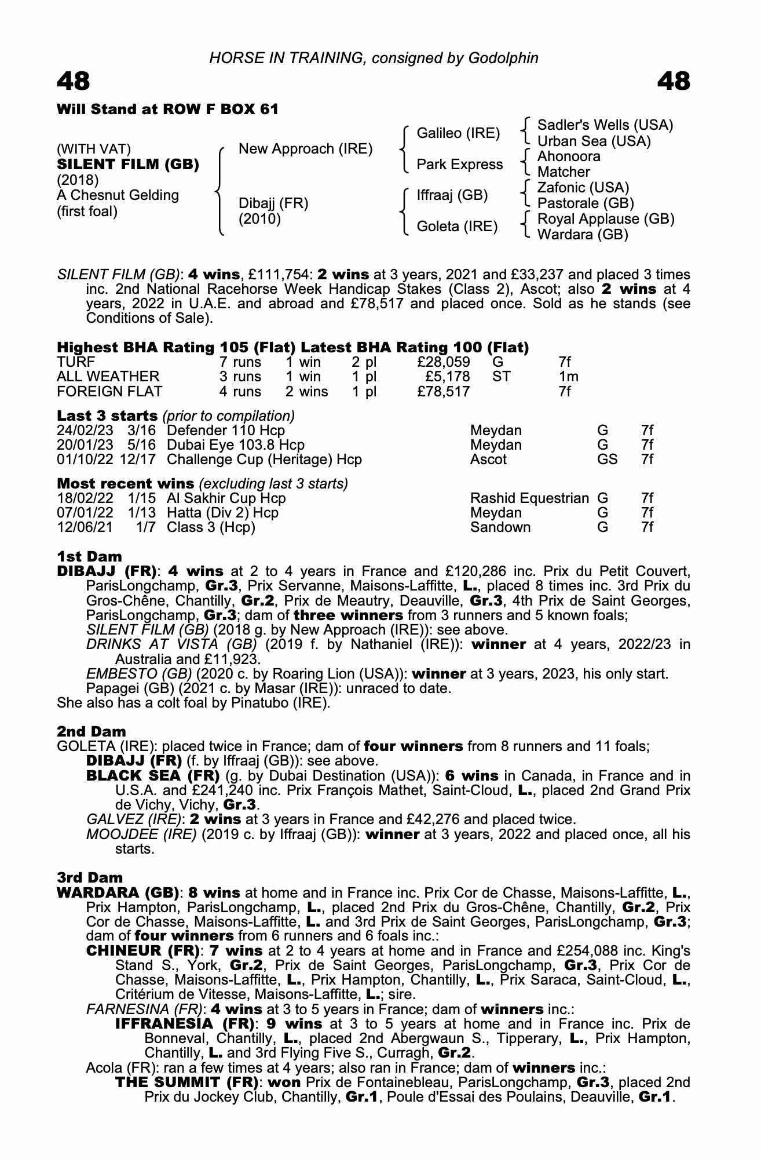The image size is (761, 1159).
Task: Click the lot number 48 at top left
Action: point(74,81)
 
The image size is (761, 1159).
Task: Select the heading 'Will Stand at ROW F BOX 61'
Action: point(167,110)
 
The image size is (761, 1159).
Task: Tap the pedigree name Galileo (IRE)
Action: point(458,133)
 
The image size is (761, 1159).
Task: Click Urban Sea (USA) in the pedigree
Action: point(594,141)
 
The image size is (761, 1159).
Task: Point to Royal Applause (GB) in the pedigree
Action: point(606,219)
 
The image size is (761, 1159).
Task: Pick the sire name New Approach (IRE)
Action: point(305,149)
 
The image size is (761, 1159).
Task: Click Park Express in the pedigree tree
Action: point(460,165)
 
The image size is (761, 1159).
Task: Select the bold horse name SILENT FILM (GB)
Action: point(128,165)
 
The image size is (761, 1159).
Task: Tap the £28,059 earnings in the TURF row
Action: point(443,362)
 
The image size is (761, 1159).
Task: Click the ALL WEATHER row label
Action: point(108,377)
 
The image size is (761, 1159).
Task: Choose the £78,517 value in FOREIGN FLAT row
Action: point(443,392)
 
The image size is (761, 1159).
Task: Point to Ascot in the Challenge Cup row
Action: point(488,460)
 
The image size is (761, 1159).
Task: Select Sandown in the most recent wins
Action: point(500,527)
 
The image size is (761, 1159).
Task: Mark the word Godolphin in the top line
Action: point(503,58)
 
